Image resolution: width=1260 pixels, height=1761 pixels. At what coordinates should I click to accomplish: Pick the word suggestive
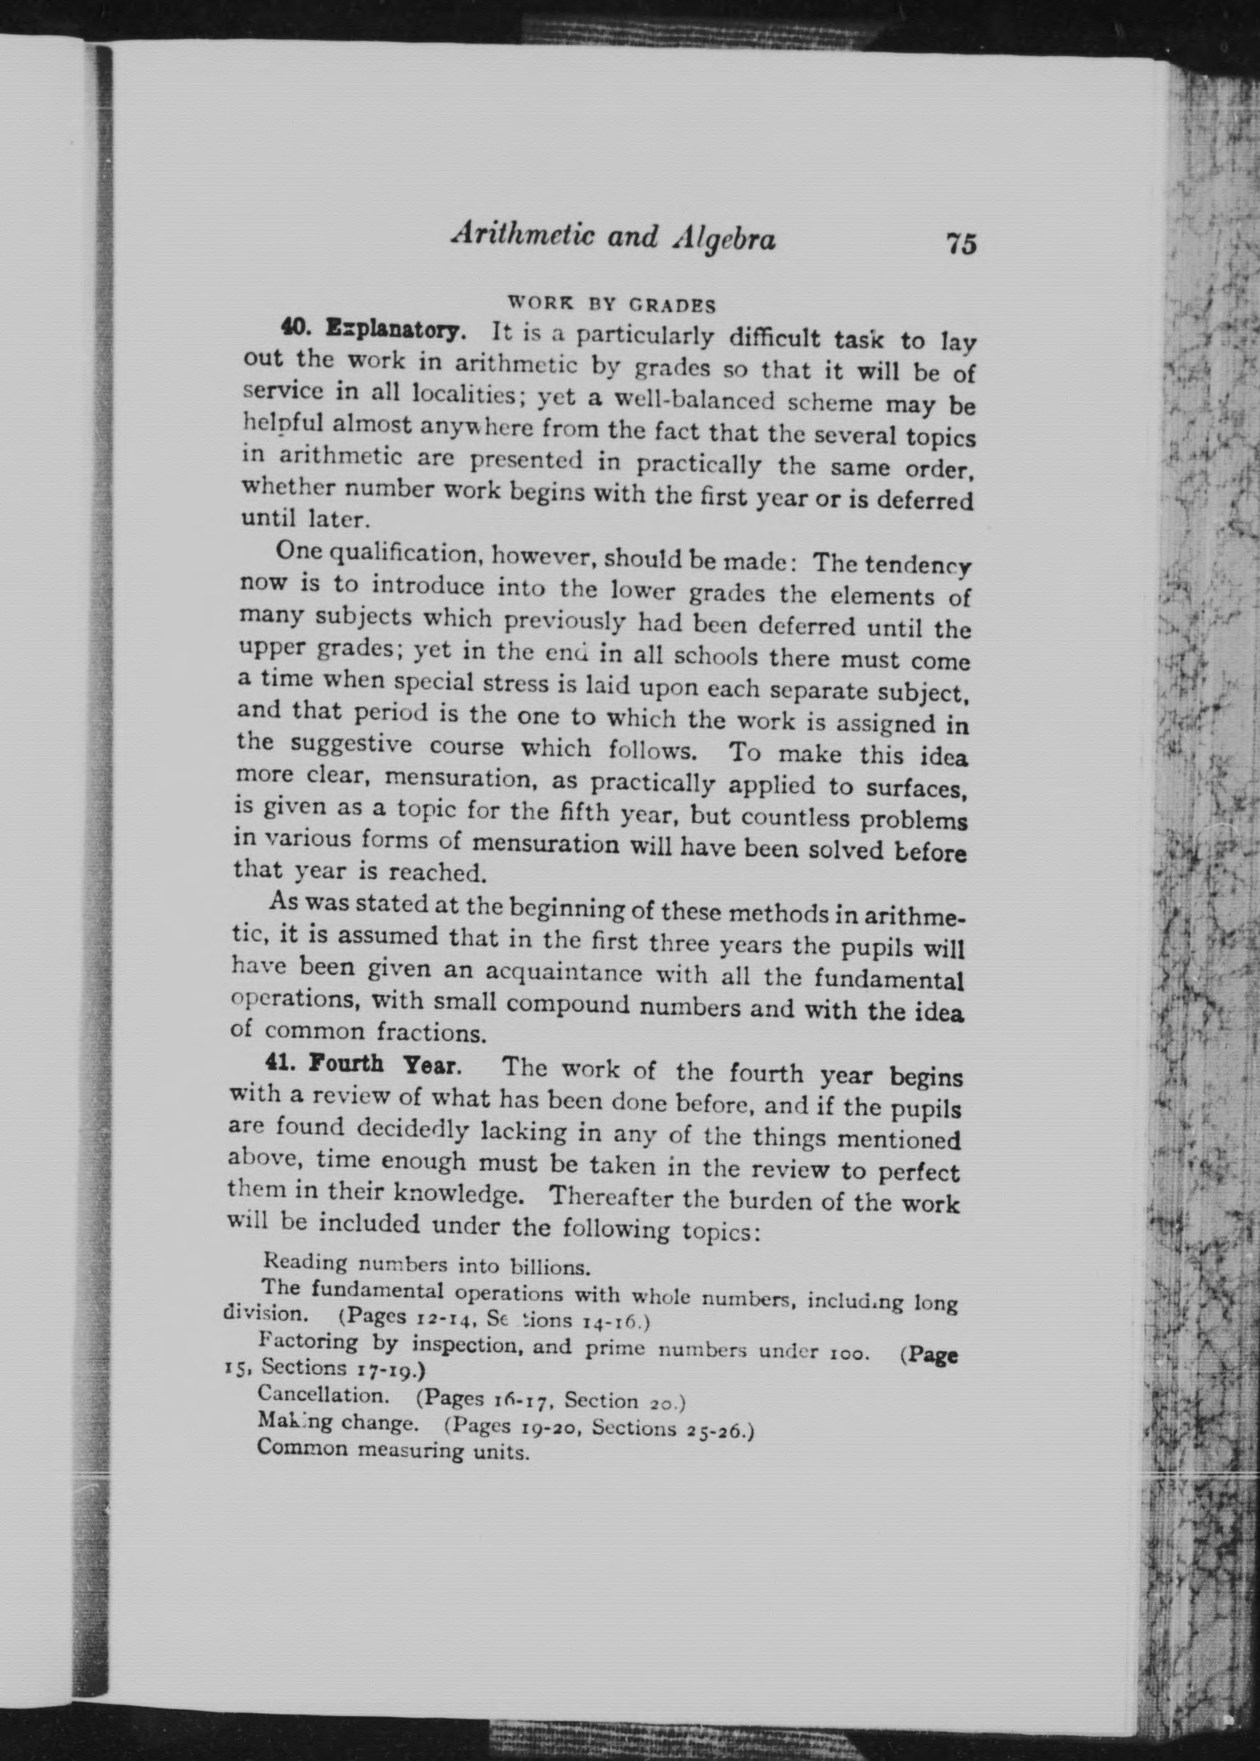[346, 745]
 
